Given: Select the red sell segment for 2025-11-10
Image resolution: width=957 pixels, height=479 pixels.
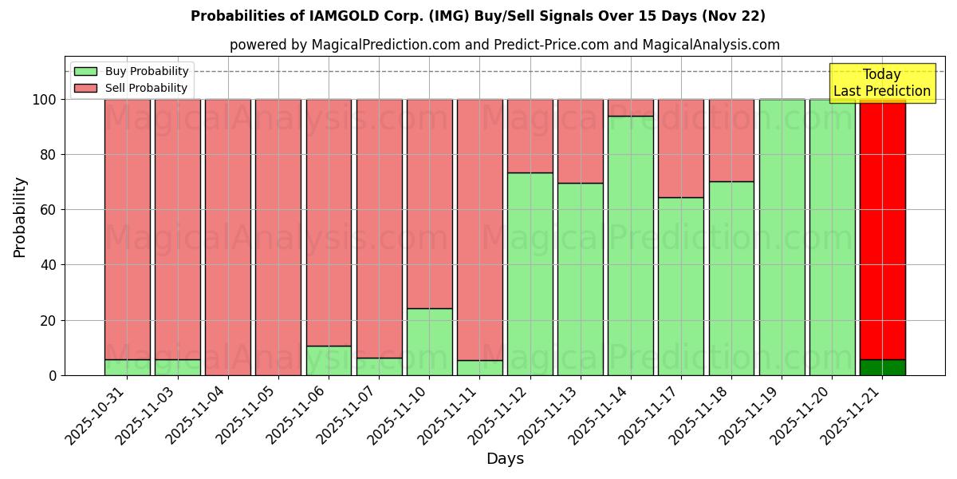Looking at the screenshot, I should coord(429,204).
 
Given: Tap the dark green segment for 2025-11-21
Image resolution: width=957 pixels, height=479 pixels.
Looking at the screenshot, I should coord(882,367).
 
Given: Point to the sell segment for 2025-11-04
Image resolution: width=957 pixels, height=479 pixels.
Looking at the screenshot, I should coord(228,237).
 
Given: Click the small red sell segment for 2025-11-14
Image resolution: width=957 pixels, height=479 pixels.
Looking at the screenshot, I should coord(630,108).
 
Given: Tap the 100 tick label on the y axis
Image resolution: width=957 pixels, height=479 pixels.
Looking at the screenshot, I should coord(43,100).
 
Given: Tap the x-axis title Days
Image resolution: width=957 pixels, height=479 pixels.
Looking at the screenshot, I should coord(505,459).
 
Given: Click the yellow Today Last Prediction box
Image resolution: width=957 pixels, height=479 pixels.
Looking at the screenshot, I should coord(881,83).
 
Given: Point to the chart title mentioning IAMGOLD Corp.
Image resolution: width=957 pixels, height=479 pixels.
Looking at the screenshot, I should coord(478,16).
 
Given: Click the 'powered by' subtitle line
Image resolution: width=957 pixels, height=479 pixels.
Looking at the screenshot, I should coord(504,45).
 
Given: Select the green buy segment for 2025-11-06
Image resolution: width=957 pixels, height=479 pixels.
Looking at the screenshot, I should coord(329,360).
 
